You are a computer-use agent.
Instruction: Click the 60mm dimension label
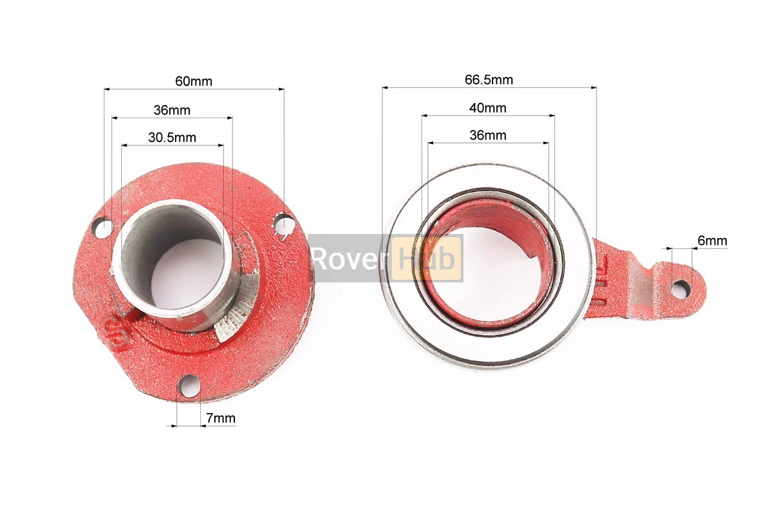click(x=194, y=81)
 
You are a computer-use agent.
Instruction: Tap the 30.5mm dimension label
click(x=172, y=137)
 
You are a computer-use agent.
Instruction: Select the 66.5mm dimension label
click(x=489, y=79)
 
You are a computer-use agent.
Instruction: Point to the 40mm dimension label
click(x=487, y=107)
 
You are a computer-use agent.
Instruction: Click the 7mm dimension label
click(x=221, y=418)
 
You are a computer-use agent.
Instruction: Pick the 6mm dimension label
click(x=713, y=240)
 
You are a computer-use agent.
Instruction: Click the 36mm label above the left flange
click(x=172, y=109)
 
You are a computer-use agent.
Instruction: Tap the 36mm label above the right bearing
click(x=487, y=135)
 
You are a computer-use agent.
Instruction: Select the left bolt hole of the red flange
click(x=104, y=227)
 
